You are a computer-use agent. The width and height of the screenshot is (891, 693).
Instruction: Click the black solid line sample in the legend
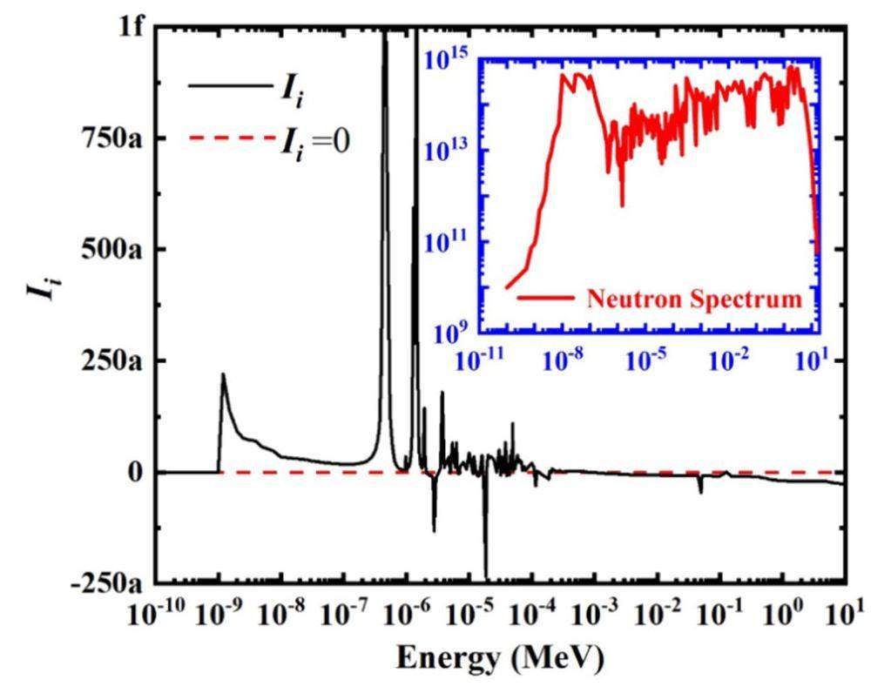coord(224,85)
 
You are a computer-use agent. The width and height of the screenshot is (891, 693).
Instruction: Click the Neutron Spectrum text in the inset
coord(693,299)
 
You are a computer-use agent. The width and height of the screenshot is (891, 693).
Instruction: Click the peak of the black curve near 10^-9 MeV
coord(223,375)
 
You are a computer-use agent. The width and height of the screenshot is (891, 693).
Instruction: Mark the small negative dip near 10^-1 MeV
coord(700,492)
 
